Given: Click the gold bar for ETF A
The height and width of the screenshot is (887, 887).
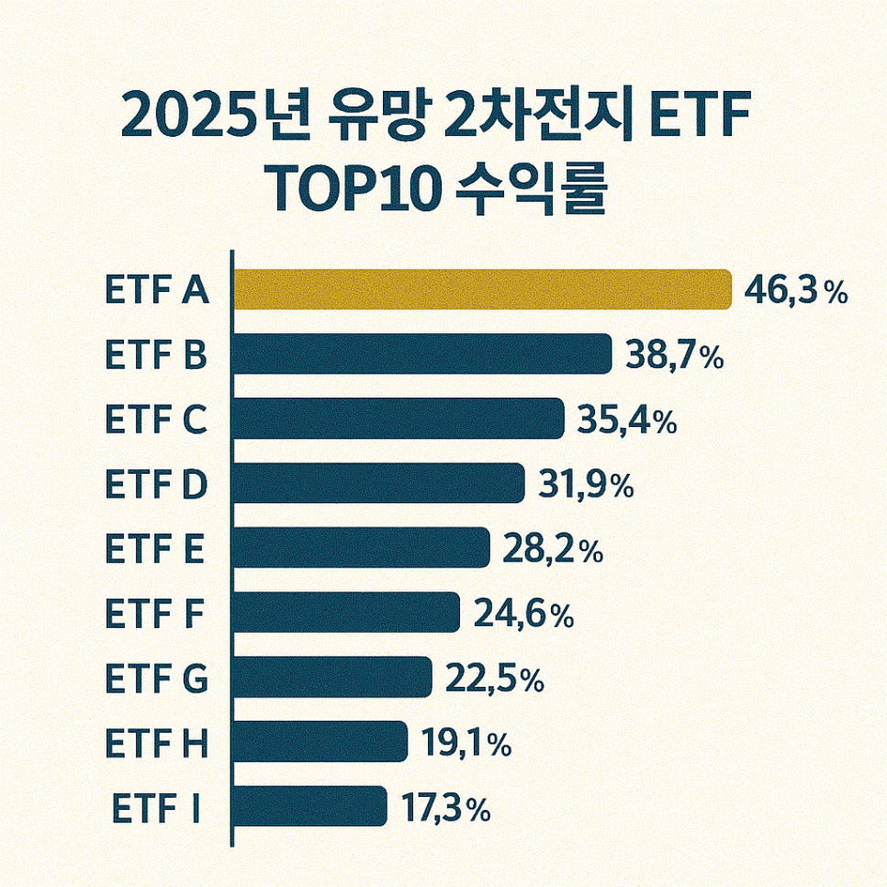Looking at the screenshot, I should click(x=483, y=289).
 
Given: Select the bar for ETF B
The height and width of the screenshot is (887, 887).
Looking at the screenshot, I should click(x=423, y=354).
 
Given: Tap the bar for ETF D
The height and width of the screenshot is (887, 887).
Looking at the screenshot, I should click(x=379, y=483).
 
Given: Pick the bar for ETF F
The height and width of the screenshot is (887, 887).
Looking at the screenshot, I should click(x=347, y=612).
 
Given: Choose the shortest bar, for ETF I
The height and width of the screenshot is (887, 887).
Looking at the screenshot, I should click(x=310, y=806).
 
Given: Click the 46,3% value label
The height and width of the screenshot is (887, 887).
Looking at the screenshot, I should click(x=795, y=291).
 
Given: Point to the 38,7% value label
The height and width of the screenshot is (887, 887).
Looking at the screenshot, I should click(x=674, y=355).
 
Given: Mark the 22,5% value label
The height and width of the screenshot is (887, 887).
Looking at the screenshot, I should click(x=494, y=679).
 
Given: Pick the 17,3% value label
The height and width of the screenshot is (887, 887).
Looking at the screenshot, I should click(x=445, y=808).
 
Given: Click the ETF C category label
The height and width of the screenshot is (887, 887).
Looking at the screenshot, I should click(x=156, y=420).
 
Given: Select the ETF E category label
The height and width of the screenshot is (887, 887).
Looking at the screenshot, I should click(x=154, y=549).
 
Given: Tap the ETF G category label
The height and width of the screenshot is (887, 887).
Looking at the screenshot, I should click(x=157, y=679).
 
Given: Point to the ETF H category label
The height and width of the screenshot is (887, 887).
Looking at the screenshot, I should click(x=157, y=744).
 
